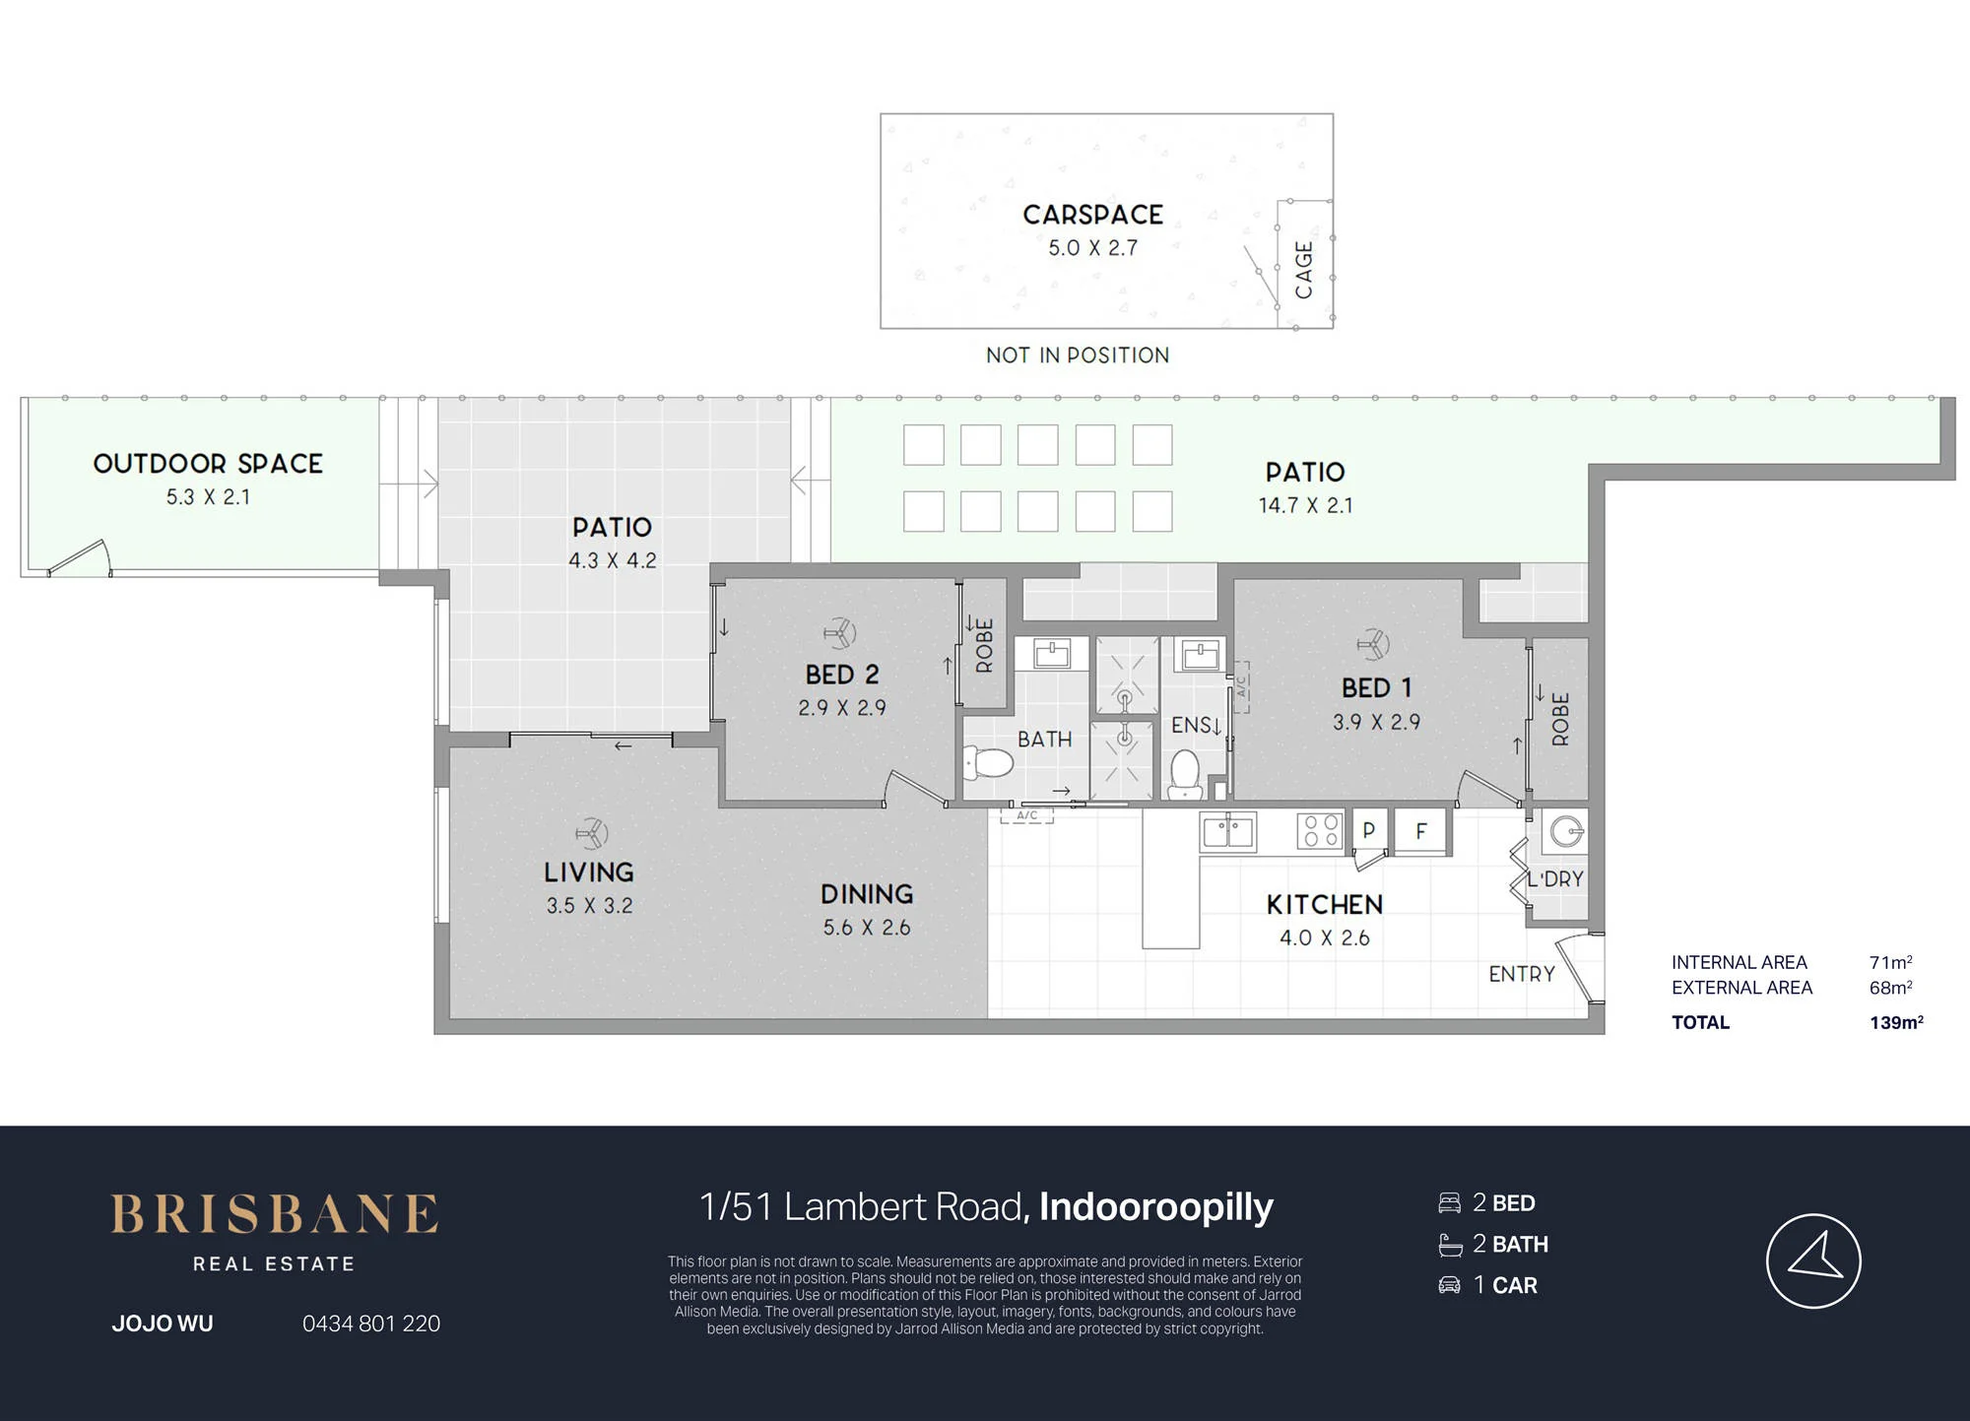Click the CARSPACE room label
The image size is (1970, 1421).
tap(1092, 215)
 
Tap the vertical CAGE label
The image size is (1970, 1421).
tap(1303, 270)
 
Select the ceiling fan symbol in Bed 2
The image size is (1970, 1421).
tap(839, 632)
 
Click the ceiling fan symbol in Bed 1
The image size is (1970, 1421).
tap(1372, 645)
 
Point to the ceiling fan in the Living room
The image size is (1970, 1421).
tap(591, 834)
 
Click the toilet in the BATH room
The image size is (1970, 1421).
tap(988, 762)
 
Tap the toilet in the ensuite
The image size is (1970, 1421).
tap(1184, 774)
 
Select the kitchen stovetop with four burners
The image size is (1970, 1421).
tap(1319, 829)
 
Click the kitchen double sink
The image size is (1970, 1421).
tap(1227, 831)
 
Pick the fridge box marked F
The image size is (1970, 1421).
tap(1420, 831)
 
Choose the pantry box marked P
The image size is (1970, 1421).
tap(1368, 830)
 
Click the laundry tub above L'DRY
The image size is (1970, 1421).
tap(1564, 832)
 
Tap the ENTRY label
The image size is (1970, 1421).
tap(1521, 974)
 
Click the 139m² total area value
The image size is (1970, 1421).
tap(1896, 1022)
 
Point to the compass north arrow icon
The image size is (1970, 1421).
tap(1813, 1260)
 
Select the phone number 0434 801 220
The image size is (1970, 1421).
tap(371, 1324)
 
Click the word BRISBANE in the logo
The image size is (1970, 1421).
tap(274, 1214)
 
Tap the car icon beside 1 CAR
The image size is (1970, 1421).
tap(1449, 1285)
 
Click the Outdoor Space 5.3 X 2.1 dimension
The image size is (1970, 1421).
tap(208, 497)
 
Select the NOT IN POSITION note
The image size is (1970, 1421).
tap(1078, 355)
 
